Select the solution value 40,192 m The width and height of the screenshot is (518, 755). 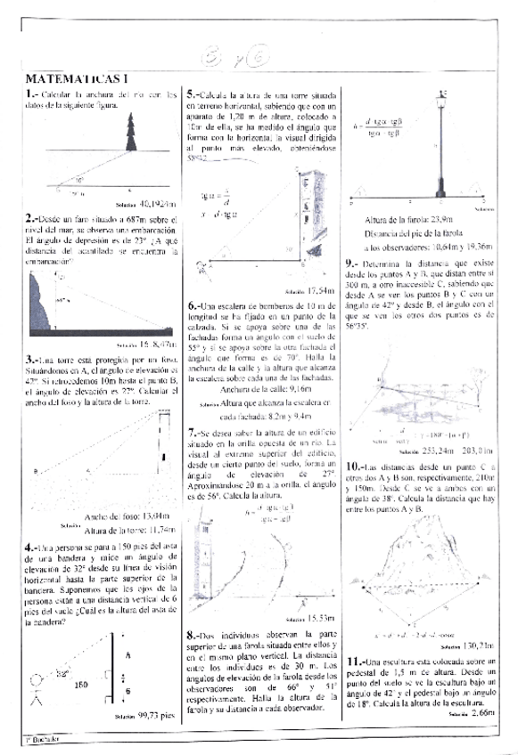149,203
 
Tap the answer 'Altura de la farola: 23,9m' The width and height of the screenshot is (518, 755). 408,221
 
